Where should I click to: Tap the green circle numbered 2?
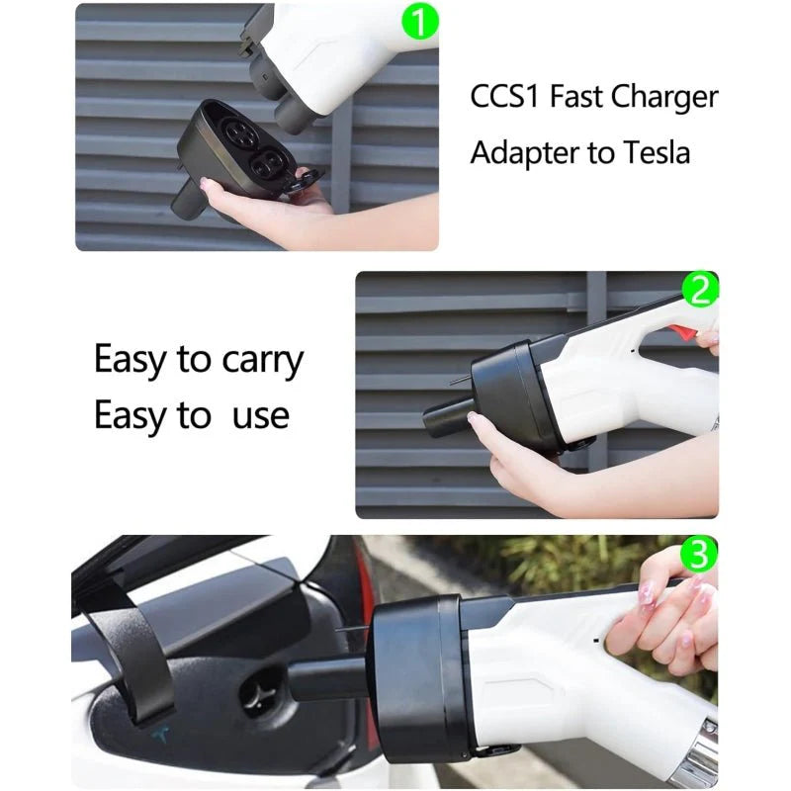coord(701,289)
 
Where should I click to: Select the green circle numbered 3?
coord(700,555)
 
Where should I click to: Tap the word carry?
coord(259,360)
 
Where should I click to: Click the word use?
coord(260,416)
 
